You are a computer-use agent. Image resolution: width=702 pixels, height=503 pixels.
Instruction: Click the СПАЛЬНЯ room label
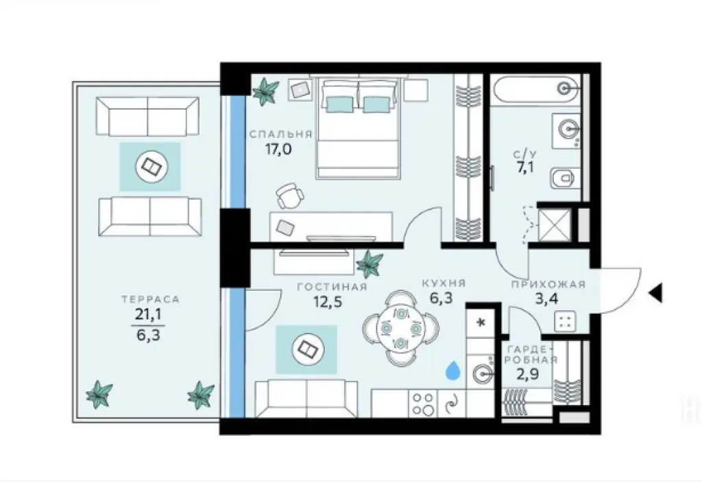tap(281, 134)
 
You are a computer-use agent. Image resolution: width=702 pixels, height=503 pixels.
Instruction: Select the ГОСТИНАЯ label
tap(332, 287)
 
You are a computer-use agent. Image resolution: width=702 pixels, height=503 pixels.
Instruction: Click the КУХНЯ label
tap(444, 283)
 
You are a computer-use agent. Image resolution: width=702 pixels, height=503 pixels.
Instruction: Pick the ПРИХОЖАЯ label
tap(548, 284)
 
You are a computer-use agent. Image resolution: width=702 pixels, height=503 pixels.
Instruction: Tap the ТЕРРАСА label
tap(150, 299)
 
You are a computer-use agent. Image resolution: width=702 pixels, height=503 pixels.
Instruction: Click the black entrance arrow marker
tap(655, 293)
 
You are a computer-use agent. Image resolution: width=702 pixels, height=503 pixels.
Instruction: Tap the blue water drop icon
tap(453, 371)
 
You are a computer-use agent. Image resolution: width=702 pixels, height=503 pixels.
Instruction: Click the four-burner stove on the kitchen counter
tap(423, 403)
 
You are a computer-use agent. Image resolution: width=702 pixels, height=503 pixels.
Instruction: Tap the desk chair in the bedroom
tap(290, 196)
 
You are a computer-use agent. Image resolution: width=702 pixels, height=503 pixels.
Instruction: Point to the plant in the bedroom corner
tap(265, 91)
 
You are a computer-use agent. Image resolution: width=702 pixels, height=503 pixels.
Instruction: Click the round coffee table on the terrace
tap(149, 166)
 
